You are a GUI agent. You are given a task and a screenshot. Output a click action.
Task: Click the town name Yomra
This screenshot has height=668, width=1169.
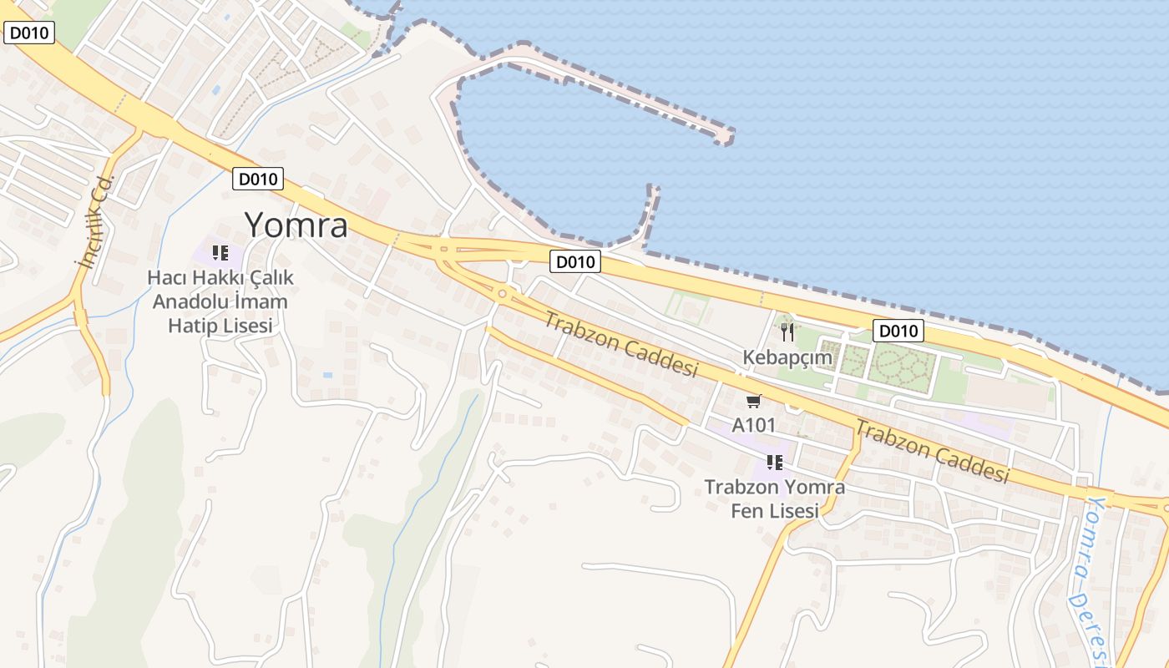click(296, 225)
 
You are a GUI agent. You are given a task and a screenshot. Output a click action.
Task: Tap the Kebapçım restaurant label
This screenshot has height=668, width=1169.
click(787, 358)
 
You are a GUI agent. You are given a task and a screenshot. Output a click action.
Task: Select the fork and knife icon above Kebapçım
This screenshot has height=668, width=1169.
click(787, 333)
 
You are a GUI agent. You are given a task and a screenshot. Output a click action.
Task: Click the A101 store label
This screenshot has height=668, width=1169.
click(754, 425)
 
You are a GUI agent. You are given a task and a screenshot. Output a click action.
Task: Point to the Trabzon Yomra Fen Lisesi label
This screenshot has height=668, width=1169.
click(774, 498)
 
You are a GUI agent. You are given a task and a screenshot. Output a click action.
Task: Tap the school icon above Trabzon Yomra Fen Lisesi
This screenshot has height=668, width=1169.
click(774, 462)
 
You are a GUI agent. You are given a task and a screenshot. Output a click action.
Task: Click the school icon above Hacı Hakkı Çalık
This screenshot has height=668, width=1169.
click(220, 253)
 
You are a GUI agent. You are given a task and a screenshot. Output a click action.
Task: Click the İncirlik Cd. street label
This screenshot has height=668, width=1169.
click(94, 222)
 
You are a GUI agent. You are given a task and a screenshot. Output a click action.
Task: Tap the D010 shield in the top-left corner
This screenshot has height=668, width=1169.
click(29, 33)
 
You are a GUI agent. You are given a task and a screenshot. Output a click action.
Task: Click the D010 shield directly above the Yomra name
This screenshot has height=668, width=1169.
click(258, 178)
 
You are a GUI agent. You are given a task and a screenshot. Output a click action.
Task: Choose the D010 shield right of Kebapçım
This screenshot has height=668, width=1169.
click(898, 331)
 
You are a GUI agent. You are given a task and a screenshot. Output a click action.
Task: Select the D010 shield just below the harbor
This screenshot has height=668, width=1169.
click(575, 262)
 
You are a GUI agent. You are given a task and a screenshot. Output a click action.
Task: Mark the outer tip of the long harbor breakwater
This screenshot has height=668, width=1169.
click(724, 136)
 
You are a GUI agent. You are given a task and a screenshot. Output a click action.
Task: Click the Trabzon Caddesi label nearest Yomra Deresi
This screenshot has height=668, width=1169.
click(931, 451)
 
